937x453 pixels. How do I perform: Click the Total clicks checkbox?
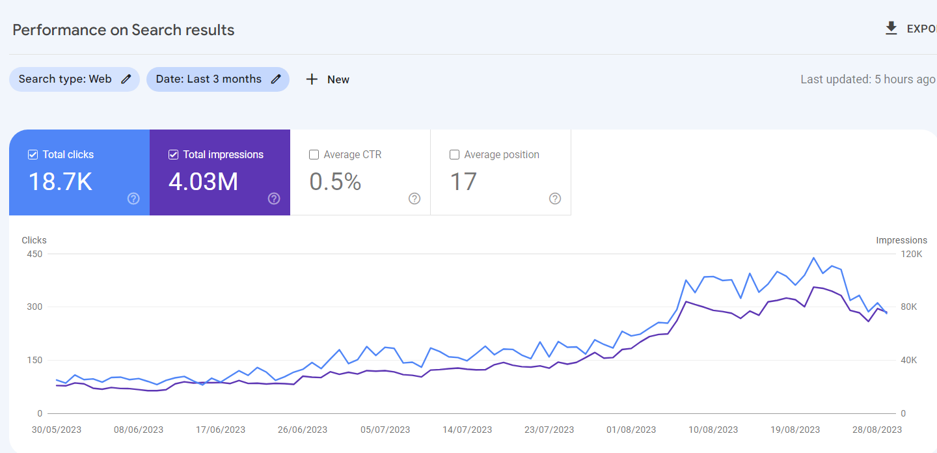pyautogui.click(x=33, y=155)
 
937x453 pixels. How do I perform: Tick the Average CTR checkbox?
pyautogui.click(x=314, y=155)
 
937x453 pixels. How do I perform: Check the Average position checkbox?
pyautogui.click(x=454, y=155)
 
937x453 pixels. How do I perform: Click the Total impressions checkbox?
pyautogui.click(x=173, y=155)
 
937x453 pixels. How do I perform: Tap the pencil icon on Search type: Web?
pyautogui.click(x=126, y=79)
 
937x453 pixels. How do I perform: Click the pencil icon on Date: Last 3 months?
pyautogui.click(x=276, y=79)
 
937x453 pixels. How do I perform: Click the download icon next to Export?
pyautogui.click(x=891, y=29)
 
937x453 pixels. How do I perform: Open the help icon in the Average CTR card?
pyautogui.click(x=414, y=199)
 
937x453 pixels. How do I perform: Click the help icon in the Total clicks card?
pyautogui.click(x=133, y=199)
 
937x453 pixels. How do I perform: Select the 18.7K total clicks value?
pyautogui.click(x=61, y=182)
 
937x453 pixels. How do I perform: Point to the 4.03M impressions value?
pyautogui.click(x=204, y=182)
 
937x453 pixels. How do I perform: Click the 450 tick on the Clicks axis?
pyautogui.click(x=34, y=254)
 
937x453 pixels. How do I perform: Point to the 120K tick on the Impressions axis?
pyautogui.click(x=912, y=254)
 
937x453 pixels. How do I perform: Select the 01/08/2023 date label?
pyautogui.click(x=631, y=430)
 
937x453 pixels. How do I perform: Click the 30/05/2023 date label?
pyautogui.click(x=57, y=430)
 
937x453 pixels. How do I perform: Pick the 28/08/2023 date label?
pyautogui.click(x=877, y=430)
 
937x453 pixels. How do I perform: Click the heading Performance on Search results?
pyautogui.click(x=124, y=30)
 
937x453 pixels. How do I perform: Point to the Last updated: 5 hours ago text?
pyautogui.click(x=867, y=79)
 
